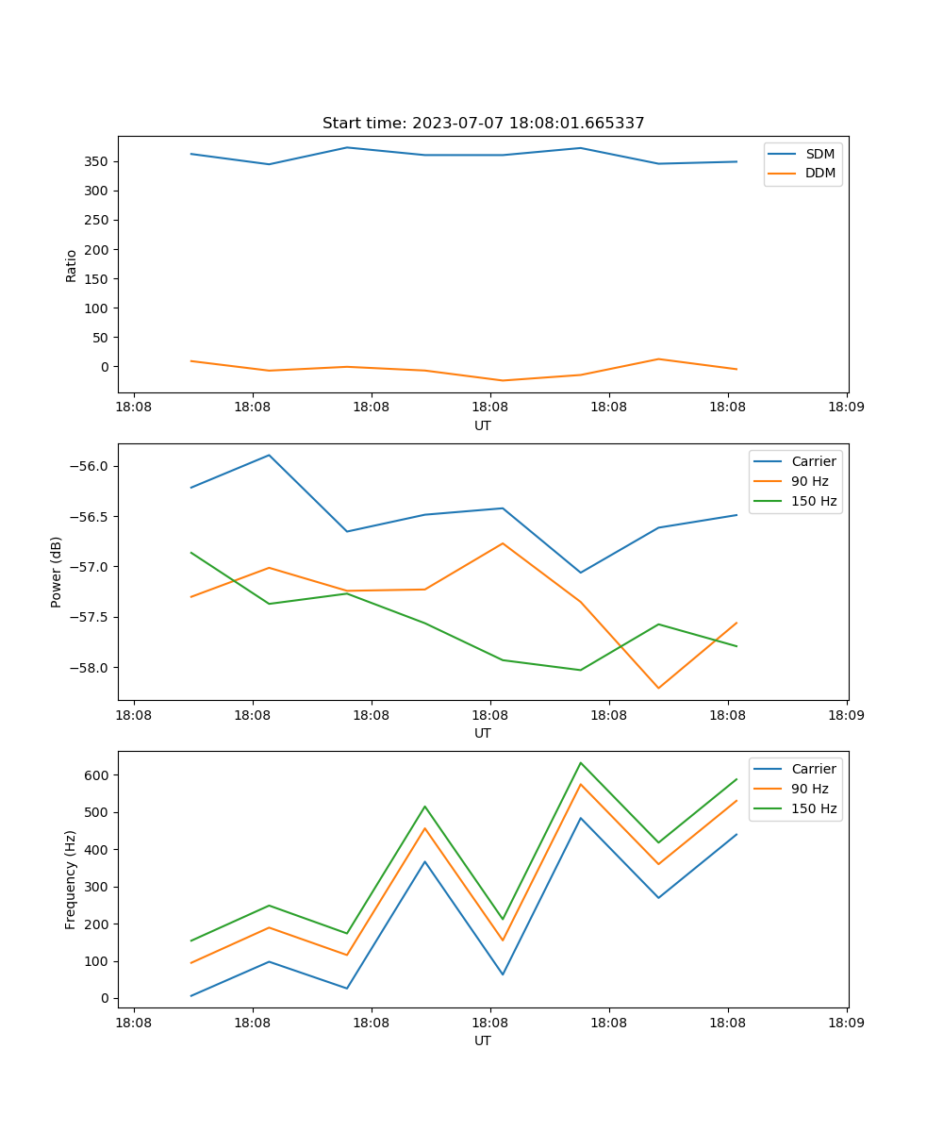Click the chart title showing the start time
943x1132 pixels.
tap(483, 124)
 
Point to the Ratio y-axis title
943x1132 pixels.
tap(71, 265)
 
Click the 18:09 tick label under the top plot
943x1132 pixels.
tap(846, 408)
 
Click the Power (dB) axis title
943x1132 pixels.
tap(57, 572)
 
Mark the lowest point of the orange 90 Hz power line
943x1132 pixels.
tap(658, 688)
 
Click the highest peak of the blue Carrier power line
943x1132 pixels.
tap(269, 455)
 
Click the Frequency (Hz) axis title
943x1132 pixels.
tap(71, 879)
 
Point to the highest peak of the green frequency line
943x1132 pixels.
tap(580, 763)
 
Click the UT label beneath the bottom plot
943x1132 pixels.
tap(483, 1040)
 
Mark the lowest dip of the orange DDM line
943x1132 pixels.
tap(503, 380)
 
